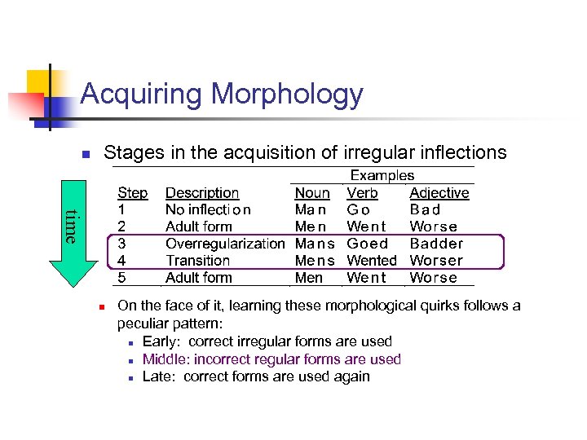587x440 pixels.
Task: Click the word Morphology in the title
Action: pyautogui.click(x=287, y=95)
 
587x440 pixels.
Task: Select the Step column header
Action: pyautogui.click(x=133, y=193)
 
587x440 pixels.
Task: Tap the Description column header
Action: pyautogui.click(x=202, y=193)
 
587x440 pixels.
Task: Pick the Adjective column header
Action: pyautogui.click(x=439, y=193)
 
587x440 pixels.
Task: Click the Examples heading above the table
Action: pyautogui.click(x=382, y=175)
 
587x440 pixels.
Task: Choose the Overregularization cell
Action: pyautogui.click(x=225, y=244)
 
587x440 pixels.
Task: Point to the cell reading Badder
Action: pyautogui.click(x=436, y=244)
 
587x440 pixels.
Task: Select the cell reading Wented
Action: pyautogui.click(x=372, y=261)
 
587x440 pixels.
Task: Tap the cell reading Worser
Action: pyautogui.click(x=436, y=261)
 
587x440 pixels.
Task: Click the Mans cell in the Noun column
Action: pyautogui.click(x=315, y=244)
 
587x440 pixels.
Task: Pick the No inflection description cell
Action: pyautogui.click(x=208, y=209)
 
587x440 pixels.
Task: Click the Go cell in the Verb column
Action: pyautogui.click(x=359, y=209)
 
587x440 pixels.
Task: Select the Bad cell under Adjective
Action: pyautogui.click(x=425, y=209)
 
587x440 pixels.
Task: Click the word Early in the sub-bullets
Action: pyautogui.click(x=161, y=341)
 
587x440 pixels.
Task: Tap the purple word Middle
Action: pyautogui.click(x=164, y=359)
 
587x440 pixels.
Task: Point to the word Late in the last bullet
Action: pyautogui.click(x=158, y=376)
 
